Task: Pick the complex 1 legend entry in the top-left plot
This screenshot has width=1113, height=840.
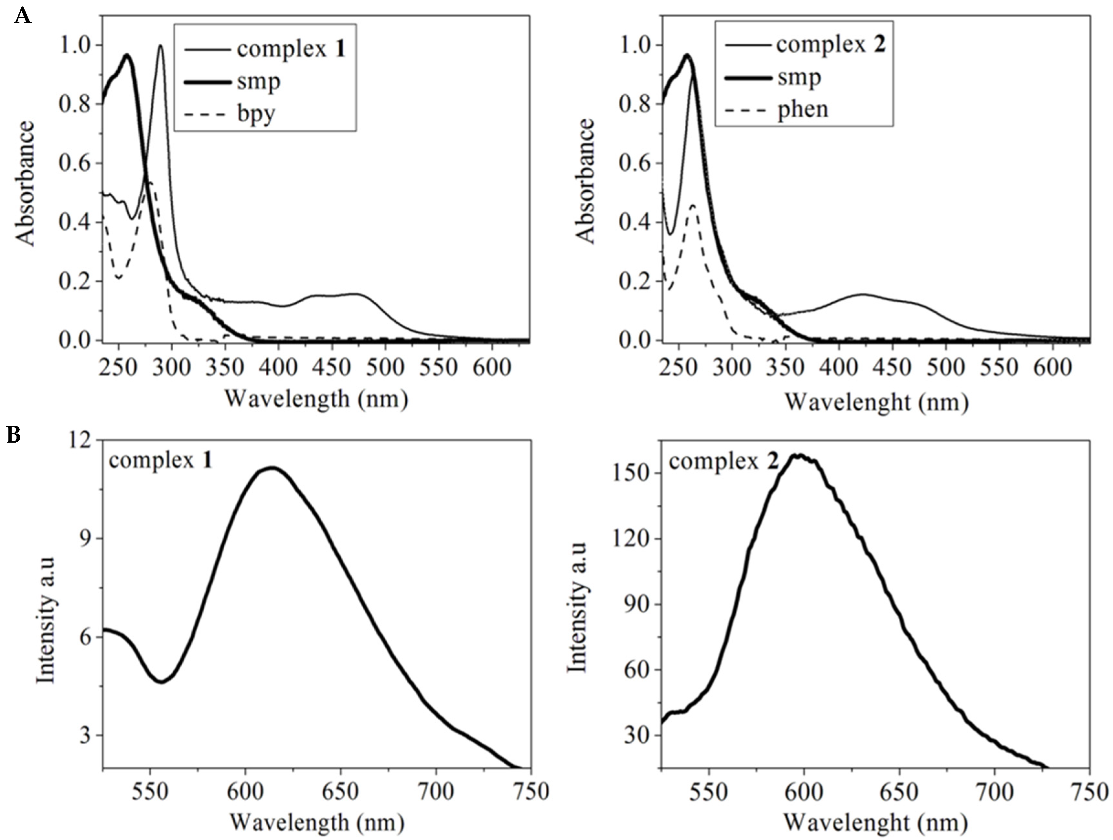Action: click(291, 49)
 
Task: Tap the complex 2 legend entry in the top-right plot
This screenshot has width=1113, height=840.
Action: click(830, 45)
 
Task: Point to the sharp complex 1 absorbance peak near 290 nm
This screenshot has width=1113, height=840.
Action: click(161, 46)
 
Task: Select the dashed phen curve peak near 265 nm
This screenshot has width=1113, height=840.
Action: click(693, 205)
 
